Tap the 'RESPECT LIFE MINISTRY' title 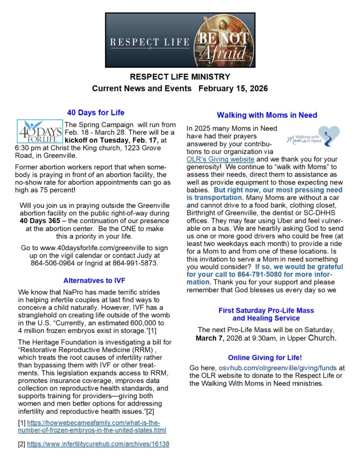180,77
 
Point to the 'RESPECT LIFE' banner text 150,43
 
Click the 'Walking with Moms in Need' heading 267,115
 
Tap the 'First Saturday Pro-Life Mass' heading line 266,310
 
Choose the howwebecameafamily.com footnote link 93,426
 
